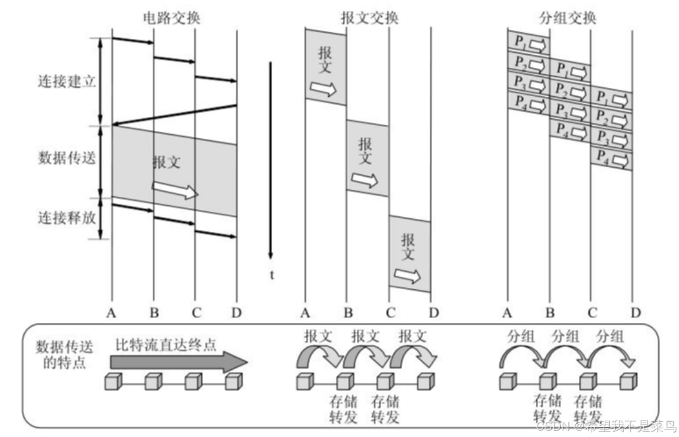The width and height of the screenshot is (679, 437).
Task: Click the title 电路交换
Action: (x=170, y=17)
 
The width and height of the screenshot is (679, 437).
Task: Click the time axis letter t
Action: (x=272, y=274)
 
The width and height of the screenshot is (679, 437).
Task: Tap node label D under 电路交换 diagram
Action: (x=236, y=313)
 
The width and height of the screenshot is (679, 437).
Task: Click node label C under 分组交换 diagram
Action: (x=592, y=313)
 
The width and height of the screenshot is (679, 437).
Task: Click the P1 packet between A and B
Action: (x=528, y=43)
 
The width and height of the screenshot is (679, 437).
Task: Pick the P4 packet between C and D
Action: (x=611, y=157)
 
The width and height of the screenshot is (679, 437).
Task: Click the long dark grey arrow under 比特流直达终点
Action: (x=179, y=362)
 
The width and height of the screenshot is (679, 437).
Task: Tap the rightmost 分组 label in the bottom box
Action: (x=610, y=336)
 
